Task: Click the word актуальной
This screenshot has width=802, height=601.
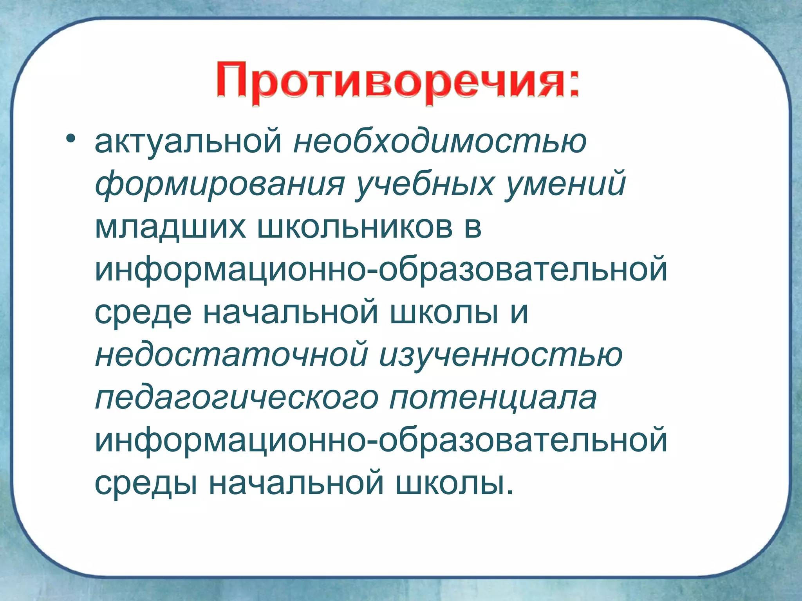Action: tap(188, 142)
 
